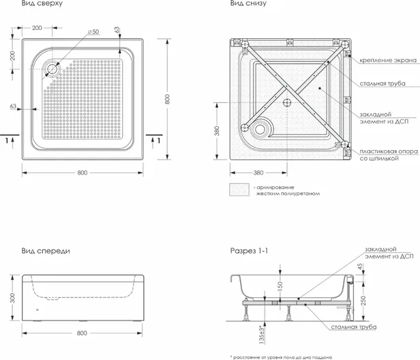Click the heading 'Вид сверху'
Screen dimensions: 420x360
point(42,3)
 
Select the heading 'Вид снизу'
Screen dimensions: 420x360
point(248,3)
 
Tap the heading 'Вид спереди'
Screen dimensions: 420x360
point(46,251)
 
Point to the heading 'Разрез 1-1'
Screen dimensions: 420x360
point(249,251)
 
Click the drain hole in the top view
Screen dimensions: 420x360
point(52,69)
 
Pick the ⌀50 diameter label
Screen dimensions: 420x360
point(93,32)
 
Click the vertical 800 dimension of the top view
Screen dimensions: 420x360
point(168,99)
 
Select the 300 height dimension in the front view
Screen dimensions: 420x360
point(12,298)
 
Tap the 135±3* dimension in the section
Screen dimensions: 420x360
point(262,334)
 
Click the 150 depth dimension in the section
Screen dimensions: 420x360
point(280,286)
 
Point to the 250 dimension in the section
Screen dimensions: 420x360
point(363,301)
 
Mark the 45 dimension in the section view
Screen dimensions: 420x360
point(360,266)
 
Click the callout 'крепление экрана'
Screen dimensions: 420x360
point(388,60)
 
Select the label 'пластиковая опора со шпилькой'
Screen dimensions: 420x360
point(389,155)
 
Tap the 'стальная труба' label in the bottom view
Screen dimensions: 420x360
point(382,84)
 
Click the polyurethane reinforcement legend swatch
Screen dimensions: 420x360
point(239,190)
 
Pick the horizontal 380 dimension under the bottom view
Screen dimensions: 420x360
point(258,172)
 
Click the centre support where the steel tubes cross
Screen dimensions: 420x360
point(287,102)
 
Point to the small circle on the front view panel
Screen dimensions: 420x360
point(37,310)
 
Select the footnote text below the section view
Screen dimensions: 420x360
point(281,357)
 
